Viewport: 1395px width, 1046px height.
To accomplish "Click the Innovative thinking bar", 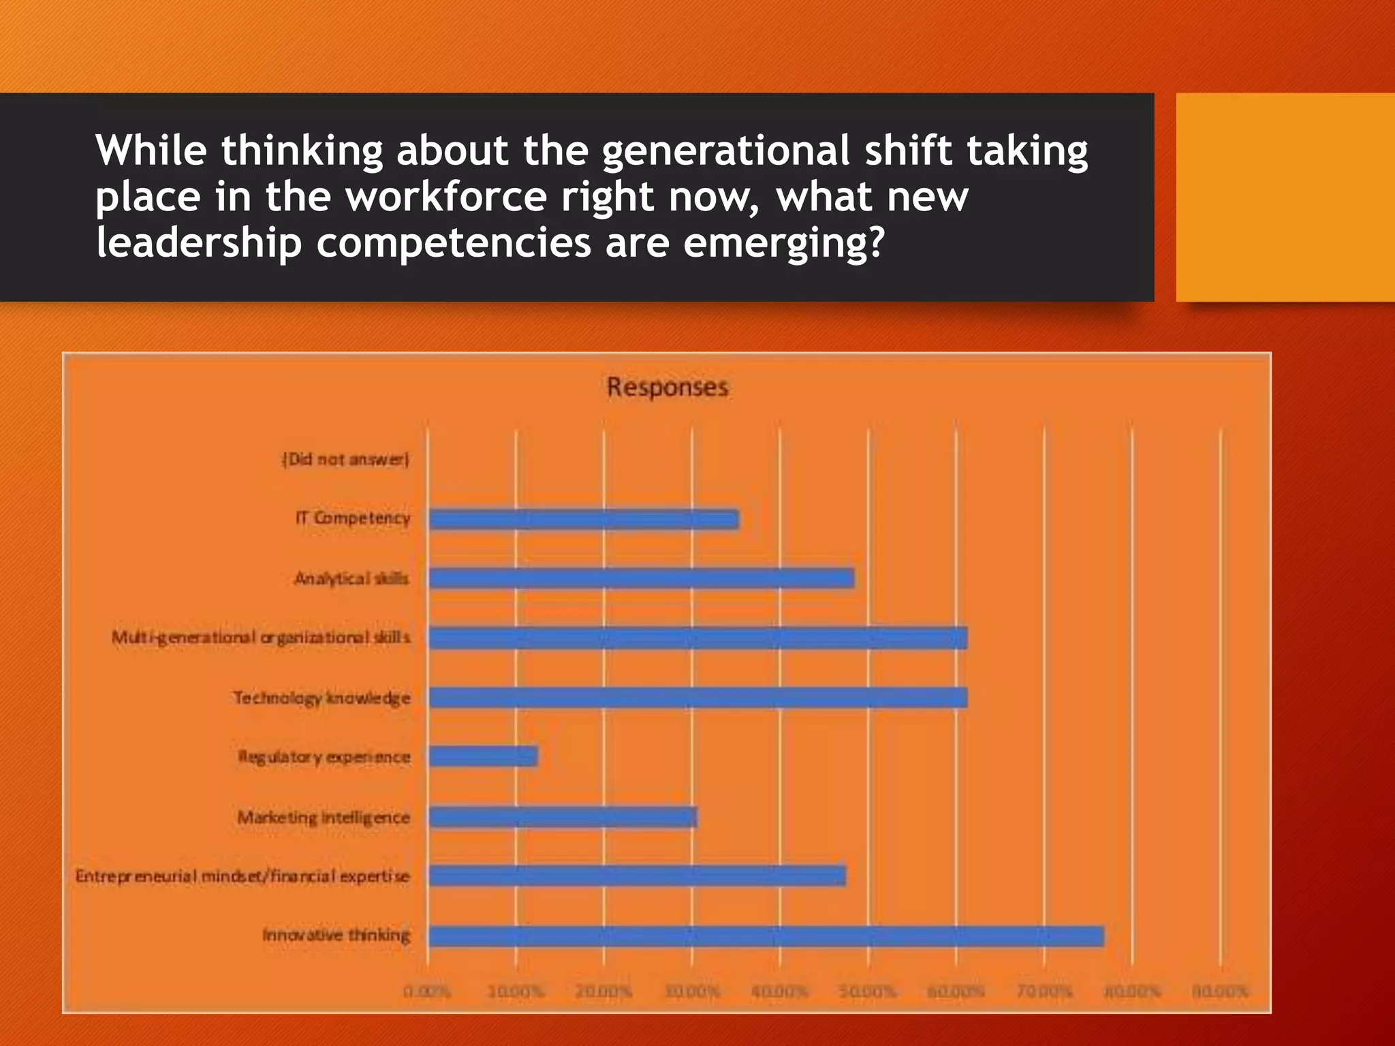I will (766, 936).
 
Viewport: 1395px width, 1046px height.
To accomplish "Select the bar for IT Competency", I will (584, 520).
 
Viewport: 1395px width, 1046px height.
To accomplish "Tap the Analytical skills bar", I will (641, 579).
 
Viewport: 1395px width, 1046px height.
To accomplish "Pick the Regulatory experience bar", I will (483, 757).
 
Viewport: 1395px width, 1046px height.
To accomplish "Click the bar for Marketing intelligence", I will (563, 817).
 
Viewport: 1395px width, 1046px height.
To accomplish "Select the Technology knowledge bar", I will (697, 698).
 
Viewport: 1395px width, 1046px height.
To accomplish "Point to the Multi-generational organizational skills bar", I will (697, 638).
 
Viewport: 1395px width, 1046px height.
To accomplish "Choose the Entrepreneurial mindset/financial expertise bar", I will (637, 876).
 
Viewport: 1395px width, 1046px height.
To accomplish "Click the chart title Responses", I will (668, 387).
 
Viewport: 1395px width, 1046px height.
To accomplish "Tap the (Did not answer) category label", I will (346, 460).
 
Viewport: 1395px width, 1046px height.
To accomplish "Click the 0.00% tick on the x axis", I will (427, 991).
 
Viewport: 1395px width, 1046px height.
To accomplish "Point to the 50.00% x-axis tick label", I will (868, 991).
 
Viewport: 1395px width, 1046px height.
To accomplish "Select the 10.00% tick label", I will (516, 991).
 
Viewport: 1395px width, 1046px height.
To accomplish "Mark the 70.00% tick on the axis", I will (1044, 991).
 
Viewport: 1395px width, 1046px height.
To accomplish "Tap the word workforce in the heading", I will (446, 197).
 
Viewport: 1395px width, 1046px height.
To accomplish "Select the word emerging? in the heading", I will (783, 243).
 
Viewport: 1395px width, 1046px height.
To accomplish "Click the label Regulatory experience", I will (324, 757).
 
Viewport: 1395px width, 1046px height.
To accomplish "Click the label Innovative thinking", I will (336, 935).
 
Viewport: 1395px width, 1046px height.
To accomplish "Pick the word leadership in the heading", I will (198, 243).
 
